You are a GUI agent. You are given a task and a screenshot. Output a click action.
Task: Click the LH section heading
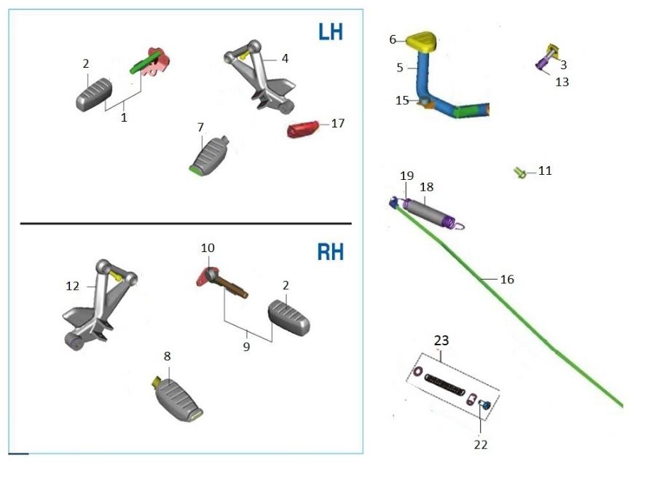point(330,32)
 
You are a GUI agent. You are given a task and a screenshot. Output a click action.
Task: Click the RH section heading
point(330,253)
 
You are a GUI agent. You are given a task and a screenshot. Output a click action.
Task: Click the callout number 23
point(441,339)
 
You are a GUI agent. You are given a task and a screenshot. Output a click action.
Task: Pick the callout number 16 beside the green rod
point(507,279)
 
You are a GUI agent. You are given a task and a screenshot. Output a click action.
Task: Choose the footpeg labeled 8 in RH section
point(176,395)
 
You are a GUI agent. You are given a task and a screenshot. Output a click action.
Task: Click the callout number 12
point(73,286)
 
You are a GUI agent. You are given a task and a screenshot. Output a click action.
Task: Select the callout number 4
point(285,58)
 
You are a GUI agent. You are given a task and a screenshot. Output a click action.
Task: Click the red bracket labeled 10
point(204,278)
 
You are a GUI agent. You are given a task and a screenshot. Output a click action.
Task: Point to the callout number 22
point(481,444)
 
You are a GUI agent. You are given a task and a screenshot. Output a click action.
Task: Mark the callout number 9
point(246,347)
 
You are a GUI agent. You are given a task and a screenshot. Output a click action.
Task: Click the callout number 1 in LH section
point(124,117)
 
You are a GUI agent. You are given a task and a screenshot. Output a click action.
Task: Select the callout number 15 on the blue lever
point(402,101)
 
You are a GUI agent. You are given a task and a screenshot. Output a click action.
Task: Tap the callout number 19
point(406,176)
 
